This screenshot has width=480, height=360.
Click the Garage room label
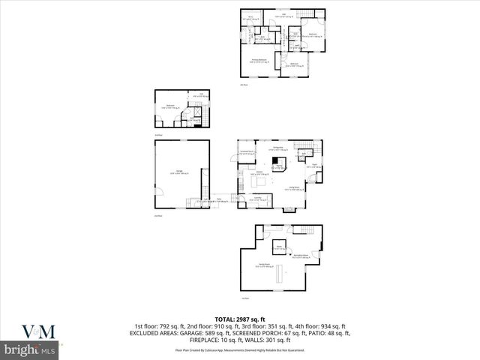coord(181,172)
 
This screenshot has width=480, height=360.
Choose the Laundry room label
coord(258,199)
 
